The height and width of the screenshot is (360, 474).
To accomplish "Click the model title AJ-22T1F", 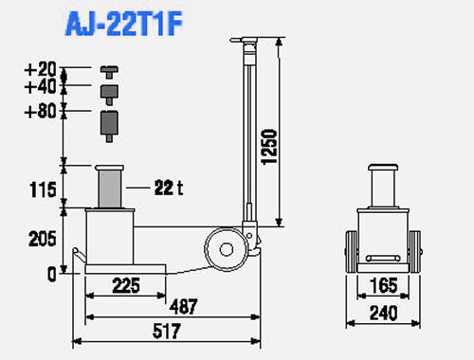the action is [x=124, y=24].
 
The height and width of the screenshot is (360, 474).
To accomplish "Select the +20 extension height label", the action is [x=41, y=69].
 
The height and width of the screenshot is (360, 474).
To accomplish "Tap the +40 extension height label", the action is [x=41, y=86].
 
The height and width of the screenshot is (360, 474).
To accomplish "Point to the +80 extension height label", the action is [x=41, y=111].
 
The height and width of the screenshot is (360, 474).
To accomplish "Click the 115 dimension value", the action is [x=43, y=189].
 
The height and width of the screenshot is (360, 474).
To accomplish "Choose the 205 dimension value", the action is [x=43, y=239].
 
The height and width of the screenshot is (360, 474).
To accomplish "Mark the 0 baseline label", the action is [x=52, y=274].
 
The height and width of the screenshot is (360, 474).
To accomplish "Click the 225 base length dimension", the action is [x=126, y=285].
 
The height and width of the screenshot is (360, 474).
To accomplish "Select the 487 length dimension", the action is [x=184, y=306].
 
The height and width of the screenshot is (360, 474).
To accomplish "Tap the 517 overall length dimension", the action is [x=167, y=331].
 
